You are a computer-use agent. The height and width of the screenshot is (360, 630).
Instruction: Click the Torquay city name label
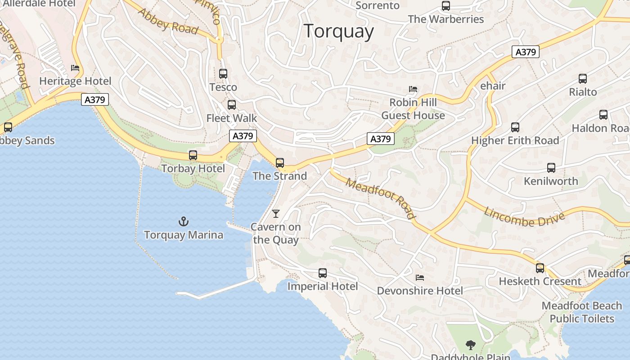[339, 31]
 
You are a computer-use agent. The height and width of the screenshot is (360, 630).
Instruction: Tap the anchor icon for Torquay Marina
[184, 221]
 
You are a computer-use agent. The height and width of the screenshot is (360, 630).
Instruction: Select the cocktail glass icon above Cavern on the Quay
[276, 214]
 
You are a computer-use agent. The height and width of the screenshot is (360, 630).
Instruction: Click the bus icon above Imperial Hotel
[323, 273]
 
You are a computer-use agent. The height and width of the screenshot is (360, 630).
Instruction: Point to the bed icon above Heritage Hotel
[75, 68]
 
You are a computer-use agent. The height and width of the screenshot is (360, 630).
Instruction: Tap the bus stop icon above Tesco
[223, 74]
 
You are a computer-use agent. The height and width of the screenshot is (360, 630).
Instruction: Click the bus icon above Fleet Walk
[232, 105]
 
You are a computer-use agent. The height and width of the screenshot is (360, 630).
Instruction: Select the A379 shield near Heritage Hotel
[95, 99]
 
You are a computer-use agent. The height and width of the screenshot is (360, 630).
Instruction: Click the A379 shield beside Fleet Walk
[243, 136]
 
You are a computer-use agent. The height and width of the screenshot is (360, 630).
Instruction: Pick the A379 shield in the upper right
[526, 52]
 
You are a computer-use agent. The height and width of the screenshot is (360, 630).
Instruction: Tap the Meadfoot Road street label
[381, 197]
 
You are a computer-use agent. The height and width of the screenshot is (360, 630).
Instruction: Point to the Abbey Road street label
[168, 21]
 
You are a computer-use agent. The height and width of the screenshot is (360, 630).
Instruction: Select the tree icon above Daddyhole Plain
[471, 345]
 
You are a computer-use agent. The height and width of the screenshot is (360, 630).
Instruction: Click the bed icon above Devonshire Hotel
[420, 277]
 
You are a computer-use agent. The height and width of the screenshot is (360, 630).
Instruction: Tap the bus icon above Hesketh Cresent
[540, 268]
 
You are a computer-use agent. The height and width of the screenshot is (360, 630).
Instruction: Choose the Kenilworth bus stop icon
[551, 168]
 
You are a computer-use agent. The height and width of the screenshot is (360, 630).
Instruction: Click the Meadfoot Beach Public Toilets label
[582, 312]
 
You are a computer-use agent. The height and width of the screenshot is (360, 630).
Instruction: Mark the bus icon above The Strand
[280, 163]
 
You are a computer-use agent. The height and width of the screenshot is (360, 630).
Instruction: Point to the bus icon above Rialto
[583, 79]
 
